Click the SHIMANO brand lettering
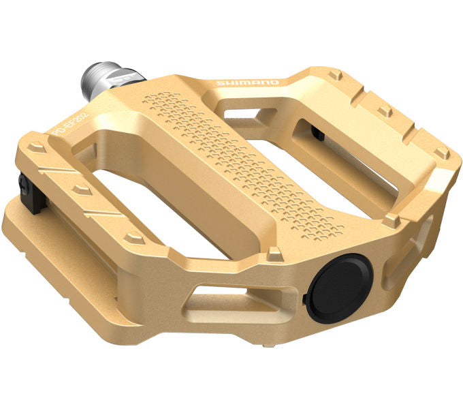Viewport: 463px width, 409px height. pyautogui.click(x=247, y=82)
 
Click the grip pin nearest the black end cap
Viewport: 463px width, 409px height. pyautogui.click(x=274, y=253)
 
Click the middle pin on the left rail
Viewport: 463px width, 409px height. pyautogui.click(x=82, y=187)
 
